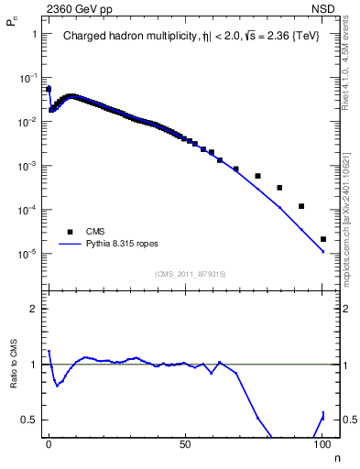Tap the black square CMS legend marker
click(66, 232)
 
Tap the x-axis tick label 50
click(186, 443)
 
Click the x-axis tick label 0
click(49, 443)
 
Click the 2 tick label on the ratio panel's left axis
click(35, 309)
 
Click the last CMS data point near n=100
click(323, 239)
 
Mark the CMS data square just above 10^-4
click(301, 206)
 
